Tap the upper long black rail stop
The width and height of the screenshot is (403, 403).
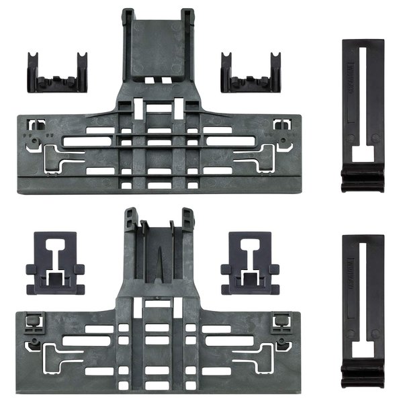pos(363,114)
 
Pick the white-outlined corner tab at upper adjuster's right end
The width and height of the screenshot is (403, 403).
pos(282,124)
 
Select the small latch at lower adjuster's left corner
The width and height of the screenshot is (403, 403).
pos(30,322)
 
